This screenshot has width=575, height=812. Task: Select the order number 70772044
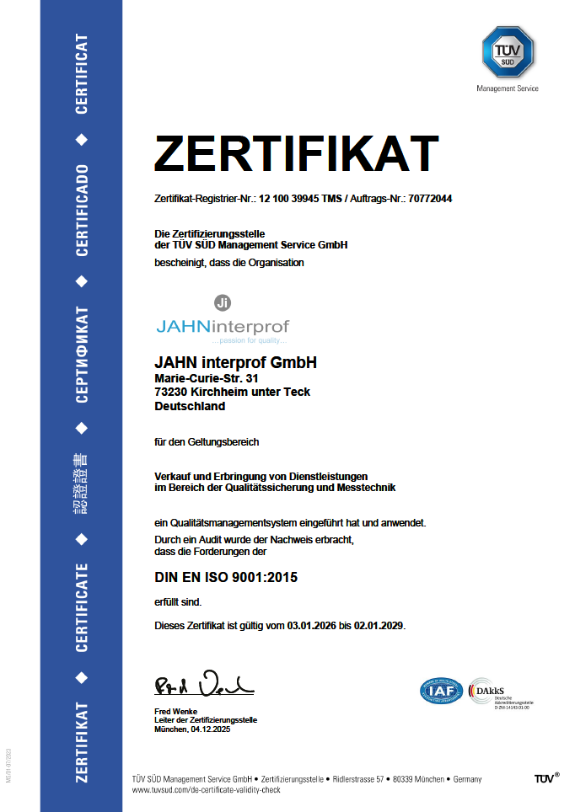429,199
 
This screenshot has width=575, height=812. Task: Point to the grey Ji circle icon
223,302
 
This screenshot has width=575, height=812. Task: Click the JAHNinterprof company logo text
222,325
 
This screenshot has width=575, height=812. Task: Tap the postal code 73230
171,392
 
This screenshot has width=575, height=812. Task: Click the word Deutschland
190,406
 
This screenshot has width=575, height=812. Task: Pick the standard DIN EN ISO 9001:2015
226,578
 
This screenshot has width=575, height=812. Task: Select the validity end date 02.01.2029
378,626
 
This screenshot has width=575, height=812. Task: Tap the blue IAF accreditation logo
442,692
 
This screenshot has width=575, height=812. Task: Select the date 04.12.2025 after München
210,729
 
